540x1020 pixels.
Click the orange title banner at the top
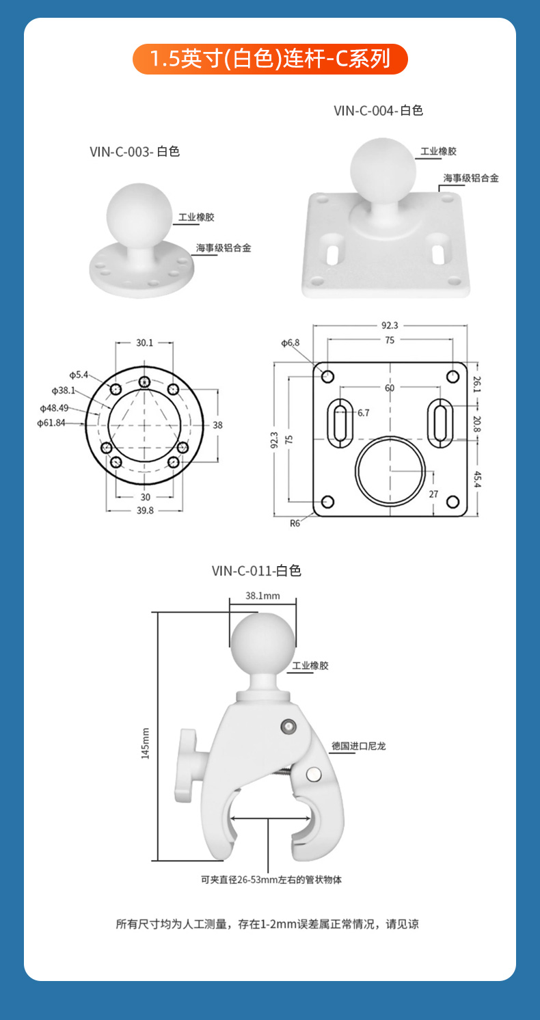(270, 59)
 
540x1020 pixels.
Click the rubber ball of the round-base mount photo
(139, 216)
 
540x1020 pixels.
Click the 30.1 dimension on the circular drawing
(145, 343)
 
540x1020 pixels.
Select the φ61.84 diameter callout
(51, 423)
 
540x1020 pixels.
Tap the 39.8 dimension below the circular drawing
(145, 511)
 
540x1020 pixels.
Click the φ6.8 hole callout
(291, 343)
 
